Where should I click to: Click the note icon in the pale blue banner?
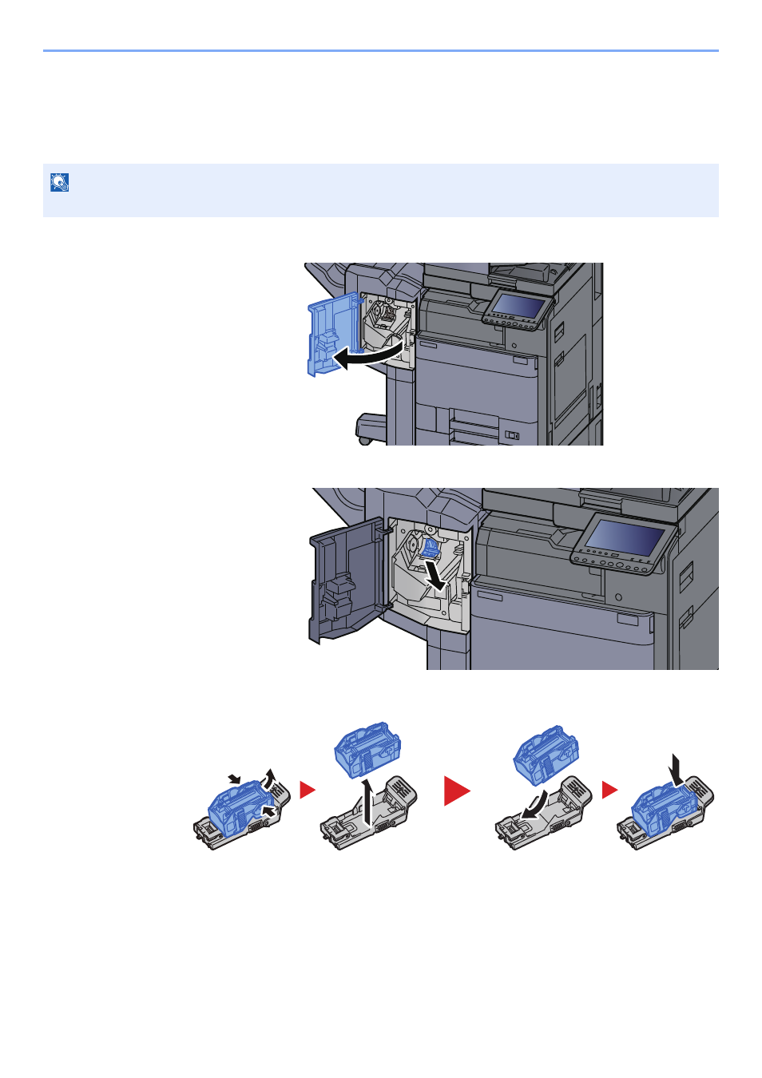click(59, 183)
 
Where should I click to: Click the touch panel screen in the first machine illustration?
click(518, 305)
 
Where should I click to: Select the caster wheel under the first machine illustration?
click(364, 438)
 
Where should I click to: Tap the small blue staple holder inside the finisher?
click(431, 548)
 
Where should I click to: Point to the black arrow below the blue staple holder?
click(436, 577)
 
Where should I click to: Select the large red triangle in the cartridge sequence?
click(457, 791)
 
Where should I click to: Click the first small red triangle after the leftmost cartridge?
click(307, 790)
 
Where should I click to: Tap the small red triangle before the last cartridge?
click(609, 790)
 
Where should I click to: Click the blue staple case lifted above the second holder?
click(367, 748)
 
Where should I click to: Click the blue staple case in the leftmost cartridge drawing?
click(237, 808)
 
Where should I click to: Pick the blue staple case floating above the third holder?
click(546, 753)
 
